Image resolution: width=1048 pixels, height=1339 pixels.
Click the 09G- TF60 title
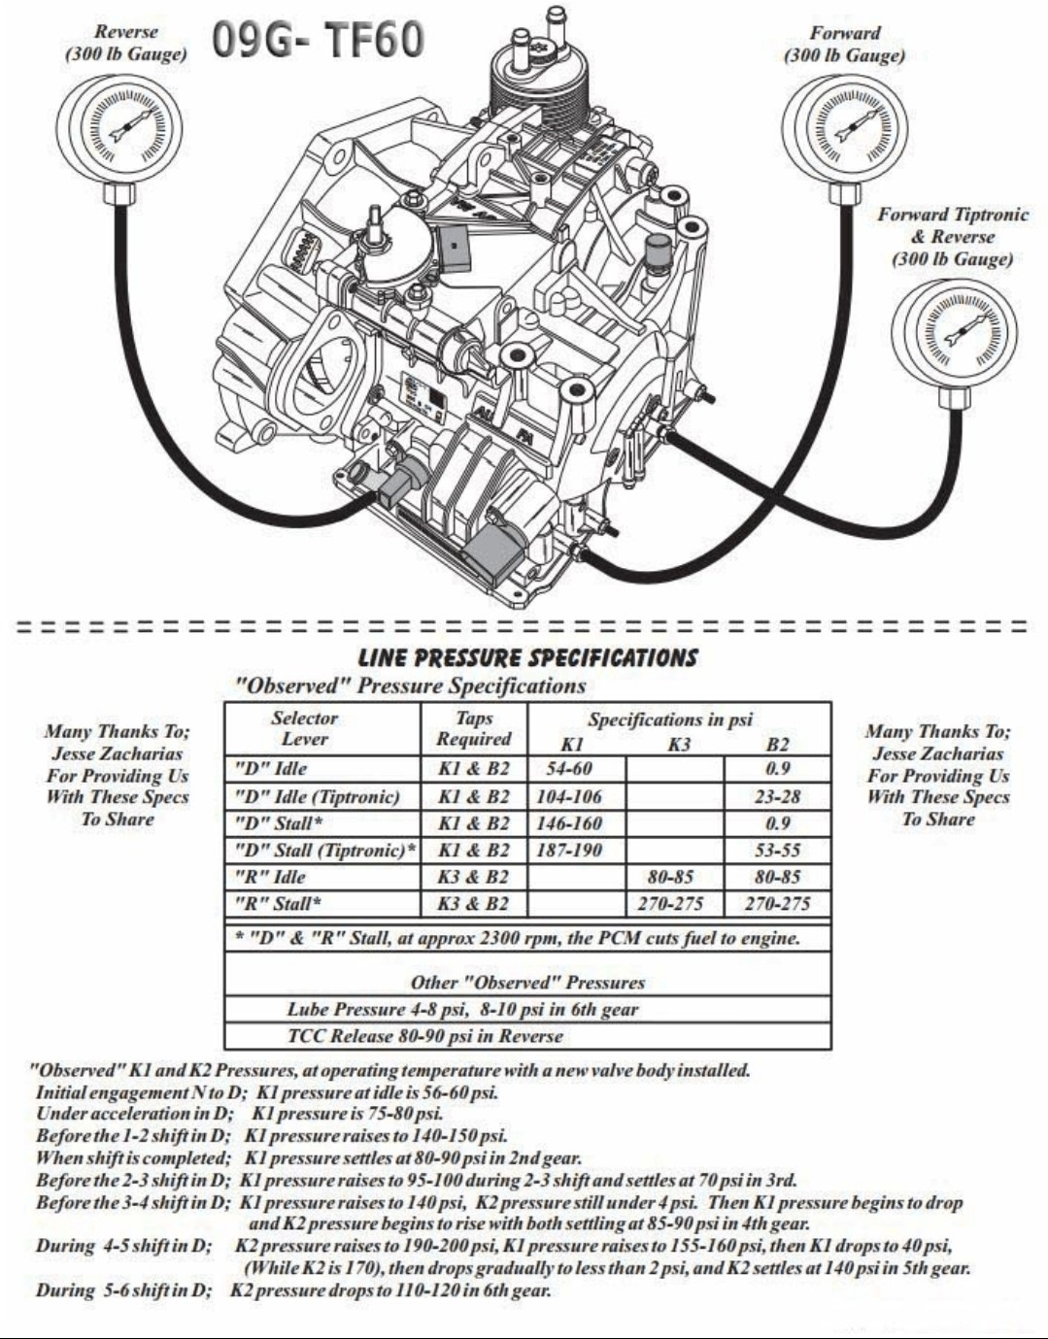click(318, 40)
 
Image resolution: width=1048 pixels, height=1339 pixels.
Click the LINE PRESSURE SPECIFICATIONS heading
click(527, 657)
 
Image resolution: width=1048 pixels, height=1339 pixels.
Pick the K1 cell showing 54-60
click(570, 768)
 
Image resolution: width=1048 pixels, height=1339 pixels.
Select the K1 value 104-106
click(570, 796)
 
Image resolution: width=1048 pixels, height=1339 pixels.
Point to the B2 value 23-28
click(778, 796)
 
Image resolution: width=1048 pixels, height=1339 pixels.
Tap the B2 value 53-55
click(778, 851)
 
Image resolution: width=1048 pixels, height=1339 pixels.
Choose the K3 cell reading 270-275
click(670, 904)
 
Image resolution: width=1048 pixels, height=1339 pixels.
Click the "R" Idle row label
click(271, 877)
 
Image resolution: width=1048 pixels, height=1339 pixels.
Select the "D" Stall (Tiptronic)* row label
click(325, 851)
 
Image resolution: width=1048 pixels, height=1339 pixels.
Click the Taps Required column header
click(474, 728)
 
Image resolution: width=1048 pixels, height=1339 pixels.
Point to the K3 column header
click(678, 745)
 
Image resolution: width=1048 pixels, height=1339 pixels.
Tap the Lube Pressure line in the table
click(462, 1009)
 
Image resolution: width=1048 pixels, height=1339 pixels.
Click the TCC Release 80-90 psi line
click(425, 1036)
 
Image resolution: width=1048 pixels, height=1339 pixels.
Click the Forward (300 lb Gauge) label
click(844, 44)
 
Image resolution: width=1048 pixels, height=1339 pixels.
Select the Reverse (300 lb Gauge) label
click(126, 43)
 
